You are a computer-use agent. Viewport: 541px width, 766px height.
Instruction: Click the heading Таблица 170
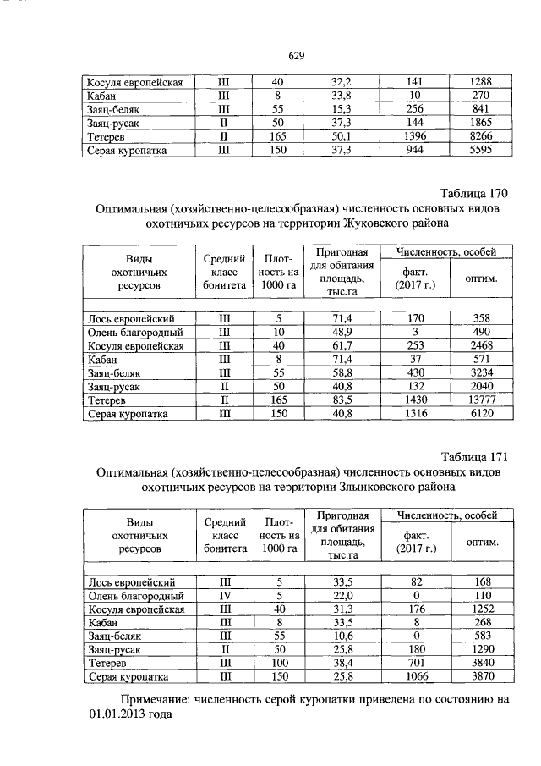coord(477,193)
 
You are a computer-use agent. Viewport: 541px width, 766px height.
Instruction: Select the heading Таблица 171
coord(477,458)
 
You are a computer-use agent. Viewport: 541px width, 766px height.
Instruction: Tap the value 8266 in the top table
coord(481,136)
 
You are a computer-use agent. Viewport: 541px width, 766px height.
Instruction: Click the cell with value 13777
coord(481,400)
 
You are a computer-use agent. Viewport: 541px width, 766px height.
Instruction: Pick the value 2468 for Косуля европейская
coord(481,345)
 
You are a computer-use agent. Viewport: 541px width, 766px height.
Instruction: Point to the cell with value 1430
coord(414,400)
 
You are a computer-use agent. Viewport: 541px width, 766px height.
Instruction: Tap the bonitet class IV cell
coord(224,596)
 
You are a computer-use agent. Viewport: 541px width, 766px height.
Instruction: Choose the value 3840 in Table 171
coord(481,664)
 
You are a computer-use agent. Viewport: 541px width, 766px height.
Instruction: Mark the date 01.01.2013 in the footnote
coord(117,714)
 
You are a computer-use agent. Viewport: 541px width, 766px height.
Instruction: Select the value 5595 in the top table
coord(481,151)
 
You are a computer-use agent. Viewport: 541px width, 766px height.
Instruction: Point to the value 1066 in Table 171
coord(414,677)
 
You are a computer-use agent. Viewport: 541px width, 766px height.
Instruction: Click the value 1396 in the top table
coord(414,136)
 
